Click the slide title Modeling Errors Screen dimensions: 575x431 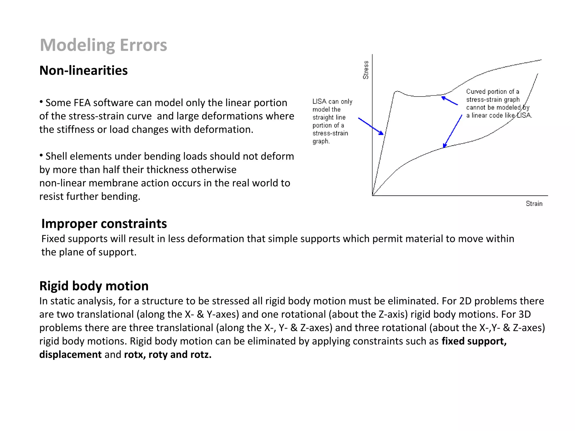tap(103, 45)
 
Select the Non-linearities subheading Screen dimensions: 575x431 tap(83, 70)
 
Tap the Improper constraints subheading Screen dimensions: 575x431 tap(104, 224)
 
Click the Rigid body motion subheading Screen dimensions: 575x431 tap(94, 286)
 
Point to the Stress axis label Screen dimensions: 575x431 tap(366, 70)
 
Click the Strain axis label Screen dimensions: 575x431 tap(534, 204)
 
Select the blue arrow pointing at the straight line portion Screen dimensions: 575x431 tap(371, 126)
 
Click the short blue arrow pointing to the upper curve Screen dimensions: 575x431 tap(449, 101)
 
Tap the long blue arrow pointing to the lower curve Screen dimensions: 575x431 tap(453, 131)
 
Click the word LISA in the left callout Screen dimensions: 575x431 tap(320, 102)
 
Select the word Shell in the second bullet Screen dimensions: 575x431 tap(56, 156)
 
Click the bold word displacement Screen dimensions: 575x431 tap(70, 355)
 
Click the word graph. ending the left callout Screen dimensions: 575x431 tap(321, 141)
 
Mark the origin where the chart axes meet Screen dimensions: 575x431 tap(372, 196)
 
